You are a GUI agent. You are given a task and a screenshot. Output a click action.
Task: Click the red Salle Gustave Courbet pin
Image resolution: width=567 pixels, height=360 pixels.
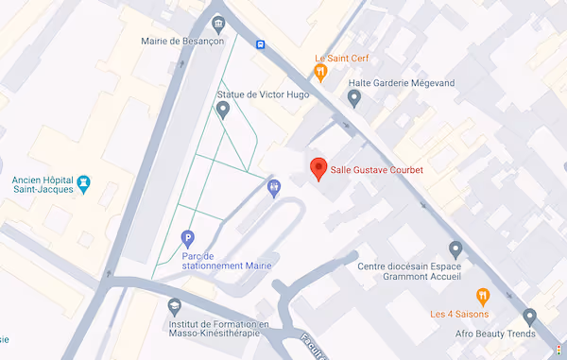pyautogui.click(x=319, y=167)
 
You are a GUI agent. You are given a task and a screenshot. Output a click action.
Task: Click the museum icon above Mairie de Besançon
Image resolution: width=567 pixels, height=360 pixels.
pyautogui.click(x=219, y=23)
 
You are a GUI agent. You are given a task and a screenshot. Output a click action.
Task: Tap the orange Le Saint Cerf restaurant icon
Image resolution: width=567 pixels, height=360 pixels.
pyautogui.click(x=321, y=72)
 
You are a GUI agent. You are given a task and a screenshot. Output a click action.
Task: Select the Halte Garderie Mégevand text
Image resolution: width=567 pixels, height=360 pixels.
pyautogui.click(x=402, y=82)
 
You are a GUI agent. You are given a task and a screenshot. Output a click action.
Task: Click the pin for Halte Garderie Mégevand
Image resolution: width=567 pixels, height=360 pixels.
pyautogui.click(x=354, y=97)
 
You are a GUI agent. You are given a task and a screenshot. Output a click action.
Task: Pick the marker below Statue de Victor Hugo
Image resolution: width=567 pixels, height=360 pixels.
pyautogui.click(x=223, y=110)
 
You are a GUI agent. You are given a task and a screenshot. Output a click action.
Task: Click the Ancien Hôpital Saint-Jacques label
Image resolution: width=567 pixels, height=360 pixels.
pyautogui.click(x=44, y=186)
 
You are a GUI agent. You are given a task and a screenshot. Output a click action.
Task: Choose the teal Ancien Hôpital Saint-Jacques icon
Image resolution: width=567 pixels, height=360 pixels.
pyautogui.click(x=84, y=181)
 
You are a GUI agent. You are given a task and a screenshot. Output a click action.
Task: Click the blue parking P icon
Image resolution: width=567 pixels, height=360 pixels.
pyautogui.click(x=187, y=237)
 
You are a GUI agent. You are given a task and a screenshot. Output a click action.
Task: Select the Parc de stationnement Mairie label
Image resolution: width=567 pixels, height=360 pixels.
pyautogui.click(x=217, y=261)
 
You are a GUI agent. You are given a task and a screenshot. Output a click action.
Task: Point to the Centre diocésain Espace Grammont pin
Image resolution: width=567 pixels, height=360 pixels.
pyautogui.click(x=455, y=249)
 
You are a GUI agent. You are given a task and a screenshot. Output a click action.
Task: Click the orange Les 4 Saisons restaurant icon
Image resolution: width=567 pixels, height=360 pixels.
pyautogui.click(x=483, y=296)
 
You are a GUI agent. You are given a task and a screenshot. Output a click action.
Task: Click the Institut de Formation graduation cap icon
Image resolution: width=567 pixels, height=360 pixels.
pyautogui.click(x=174, y=306)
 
